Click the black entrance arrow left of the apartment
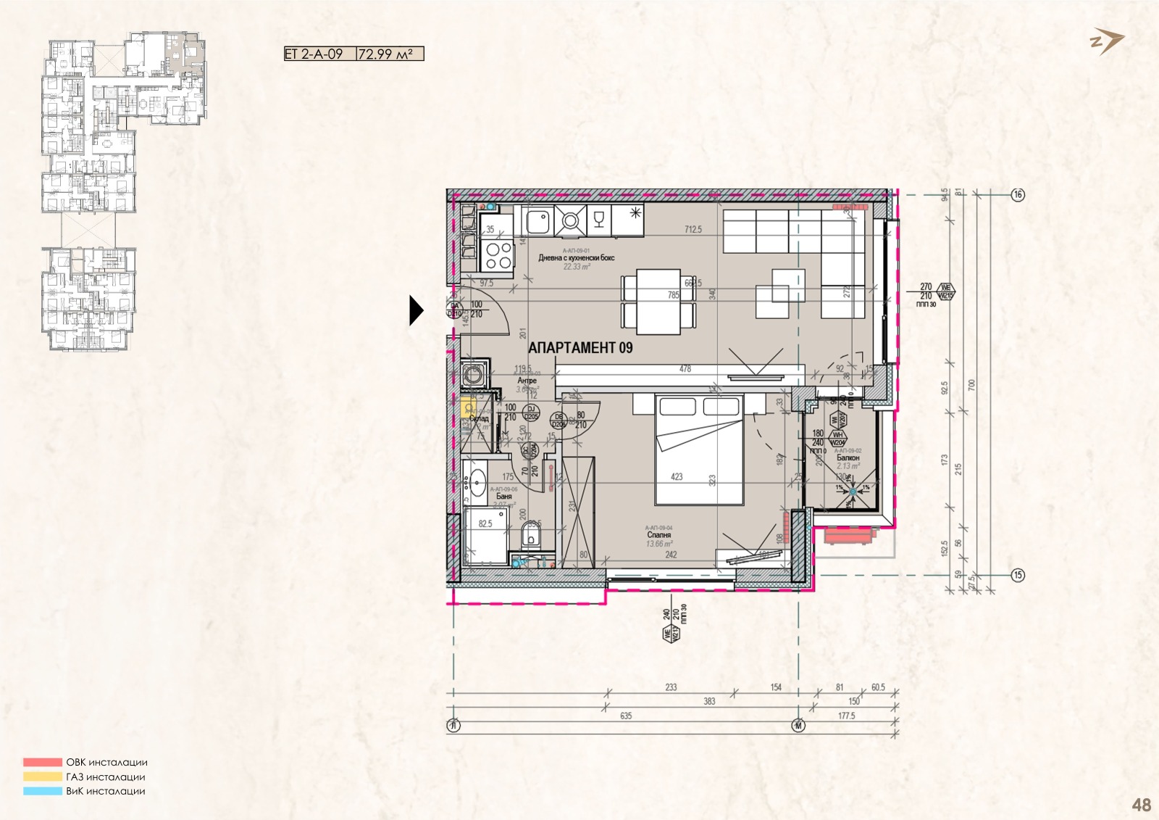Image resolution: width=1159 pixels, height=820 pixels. [x=416, y=310]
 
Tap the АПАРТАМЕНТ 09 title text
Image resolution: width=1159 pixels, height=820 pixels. [x=580, y=348]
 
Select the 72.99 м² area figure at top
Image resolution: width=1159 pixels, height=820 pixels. [x=390, y=54]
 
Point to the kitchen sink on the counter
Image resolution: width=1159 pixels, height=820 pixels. [x=538, y=220]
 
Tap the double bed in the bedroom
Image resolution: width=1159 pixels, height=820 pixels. [x=699, y=450]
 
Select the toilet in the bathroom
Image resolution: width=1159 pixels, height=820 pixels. [x=531, y=537]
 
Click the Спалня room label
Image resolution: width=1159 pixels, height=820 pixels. [x=658, y=535]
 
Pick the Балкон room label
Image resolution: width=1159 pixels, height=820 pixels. [x=848, y=458]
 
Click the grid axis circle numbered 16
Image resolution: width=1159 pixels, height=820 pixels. [x=1018, y=194]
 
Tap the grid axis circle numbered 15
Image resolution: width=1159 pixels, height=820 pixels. [x=1018, y=575]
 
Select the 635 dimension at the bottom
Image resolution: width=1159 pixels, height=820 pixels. [x=626, y=716]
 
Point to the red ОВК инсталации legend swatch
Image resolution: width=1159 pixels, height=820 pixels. [x=43, y=763]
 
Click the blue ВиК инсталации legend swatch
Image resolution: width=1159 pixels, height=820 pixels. [x=43, y=791]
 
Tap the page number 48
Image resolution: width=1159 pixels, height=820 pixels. [x=1141, y=805]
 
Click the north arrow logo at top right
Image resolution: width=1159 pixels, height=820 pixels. [x=1107, y=41]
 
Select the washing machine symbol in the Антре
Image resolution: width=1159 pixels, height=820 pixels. [x=474, y=376]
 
